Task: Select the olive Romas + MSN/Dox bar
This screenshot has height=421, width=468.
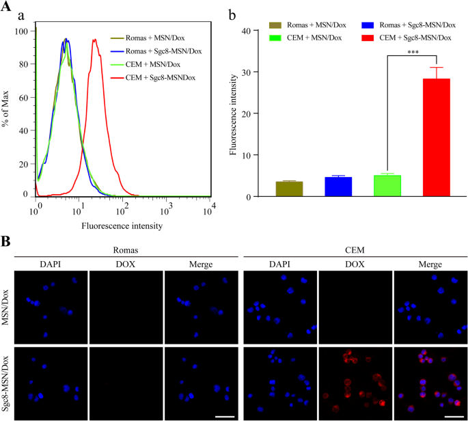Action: [289, 189]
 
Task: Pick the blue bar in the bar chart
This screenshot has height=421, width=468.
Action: [338, 187]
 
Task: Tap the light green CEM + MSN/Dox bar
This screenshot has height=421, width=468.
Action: [387, 186]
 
